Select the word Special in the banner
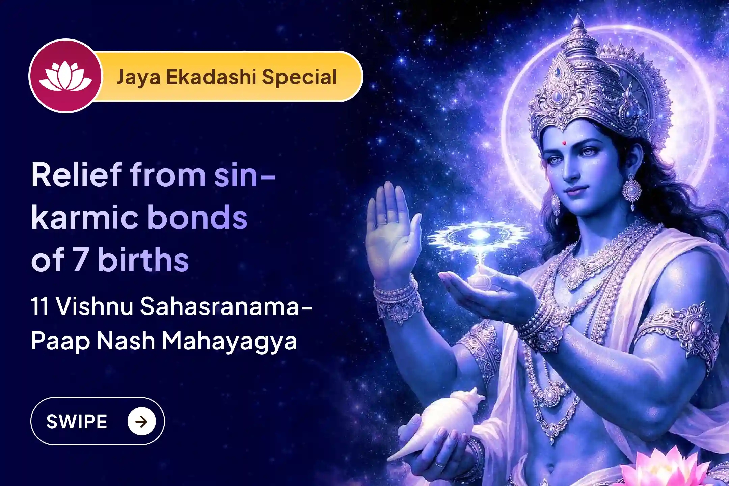pos(299,77)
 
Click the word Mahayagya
pos(230,341)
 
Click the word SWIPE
pos(77,422)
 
